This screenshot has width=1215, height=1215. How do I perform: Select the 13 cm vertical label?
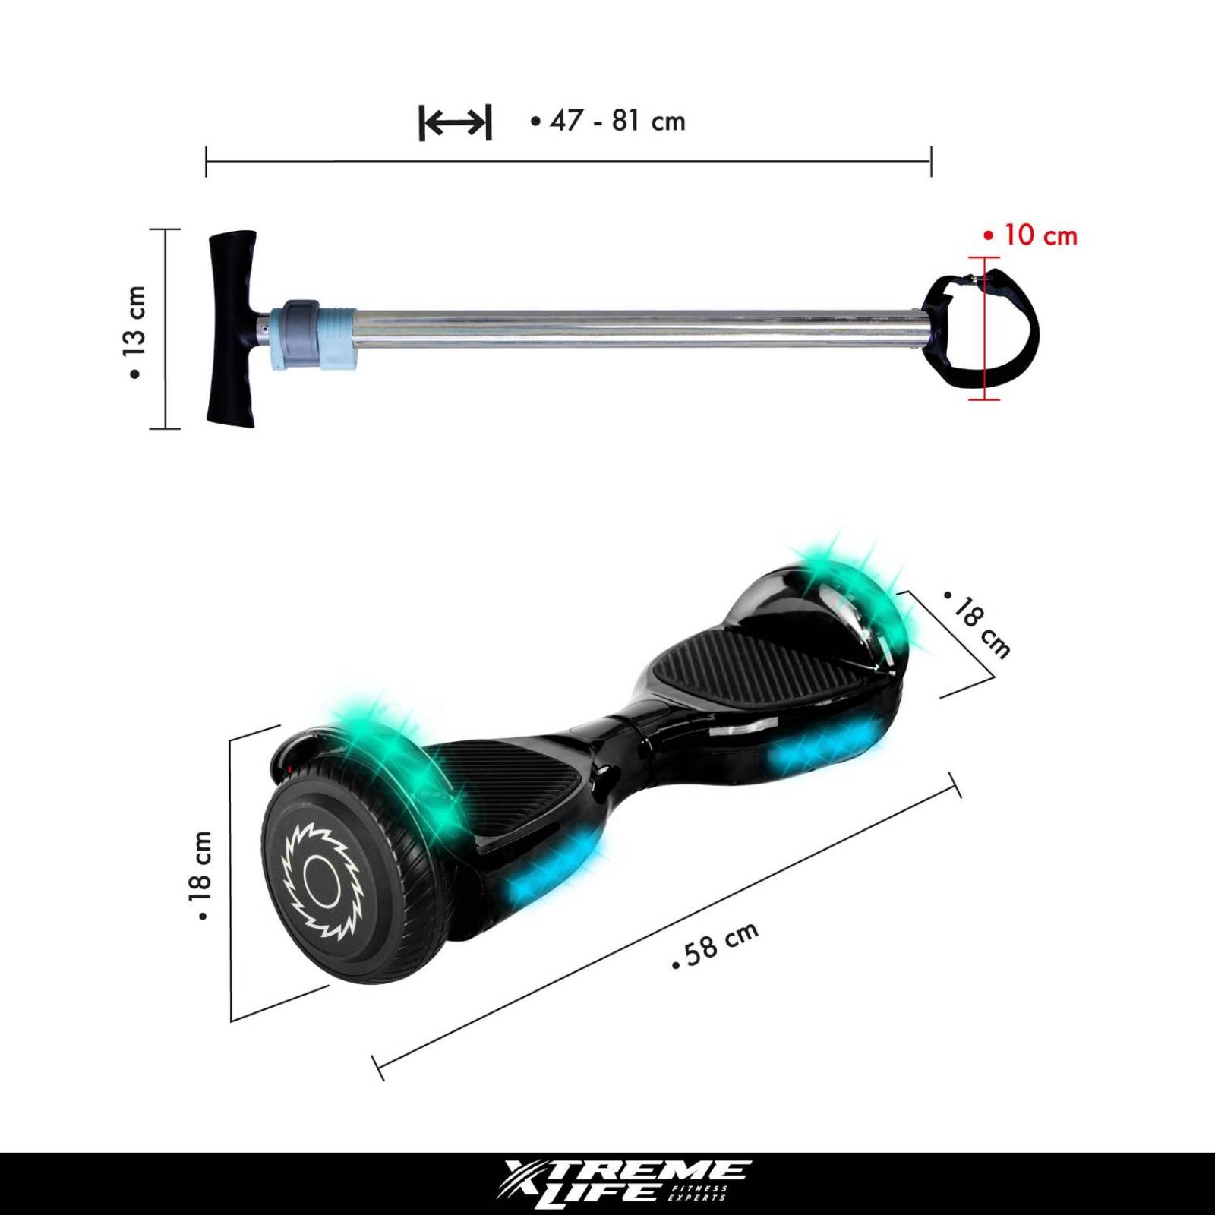click(134, 332)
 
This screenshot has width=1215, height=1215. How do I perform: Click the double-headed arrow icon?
click(455, 122)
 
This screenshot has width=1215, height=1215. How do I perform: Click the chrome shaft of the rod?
click(630, 329)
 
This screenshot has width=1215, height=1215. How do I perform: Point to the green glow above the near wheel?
click(395, 752)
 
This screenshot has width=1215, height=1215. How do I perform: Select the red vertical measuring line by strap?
click(985, 329)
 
